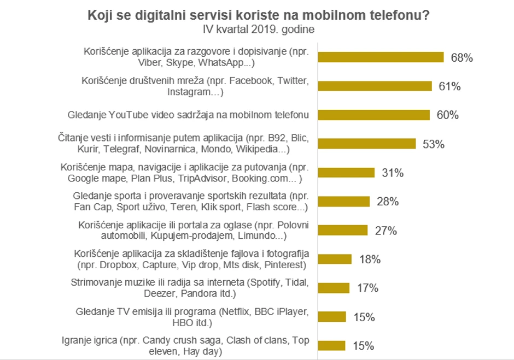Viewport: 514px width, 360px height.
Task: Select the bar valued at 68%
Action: pyautogui.click(x=381, y=57)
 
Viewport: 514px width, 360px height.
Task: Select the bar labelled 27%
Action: pyautogui.click(x=342, y=231)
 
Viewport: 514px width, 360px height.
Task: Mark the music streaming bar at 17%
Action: pyautogui.click(x=333, y=288)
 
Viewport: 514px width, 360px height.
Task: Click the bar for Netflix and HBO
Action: pyautogui.click(x=331, y=317)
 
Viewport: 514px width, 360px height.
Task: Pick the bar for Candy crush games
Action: pyautogui.click(x=331, y=346)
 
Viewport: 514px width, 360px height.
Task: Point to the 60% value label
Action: pyautogui.click(x=447, y=115)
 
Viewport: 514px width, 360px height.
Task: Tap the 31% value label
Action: pyautogui.click(x=392, y=173)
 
